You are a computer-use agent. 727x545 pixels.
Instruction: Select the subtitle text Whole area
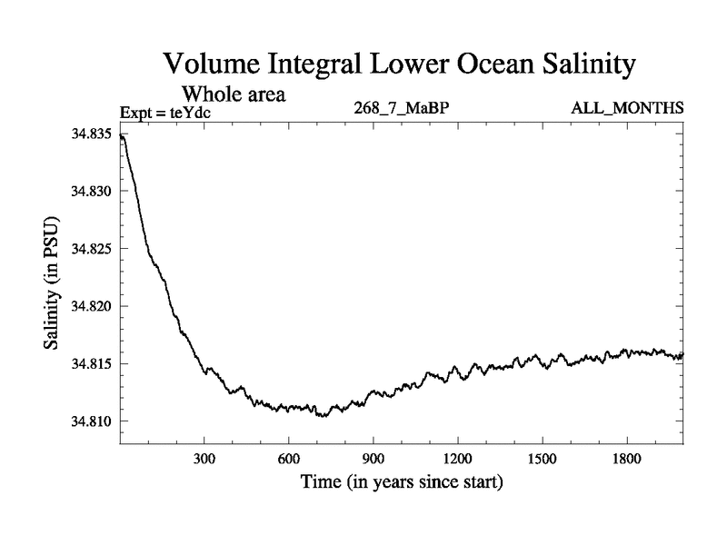233,94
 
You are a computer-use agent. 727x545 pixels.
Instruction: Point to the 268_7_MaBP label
402,109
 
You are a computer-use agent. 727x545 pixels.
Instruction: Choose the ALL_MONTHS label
627,109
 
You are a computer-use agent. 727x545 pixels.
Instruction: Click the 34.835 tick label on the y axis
91,134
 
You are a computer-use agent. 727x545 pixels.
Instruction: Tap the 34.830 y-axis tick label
91,192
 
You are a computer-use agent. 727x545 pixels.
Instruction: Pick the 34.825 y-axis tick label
91,249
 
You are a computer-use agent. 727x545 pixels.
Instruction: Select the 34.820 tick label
91,306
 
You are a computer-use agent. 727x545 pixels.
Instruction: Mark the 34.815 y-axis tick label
91,364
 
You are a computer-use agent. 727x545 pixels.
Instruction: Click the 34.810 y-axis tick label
91,421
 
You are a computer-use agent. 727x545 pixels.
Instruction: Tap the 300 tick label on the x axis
204,460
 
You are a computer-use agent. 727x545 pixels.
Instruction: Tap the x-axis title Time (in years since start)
401,482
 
